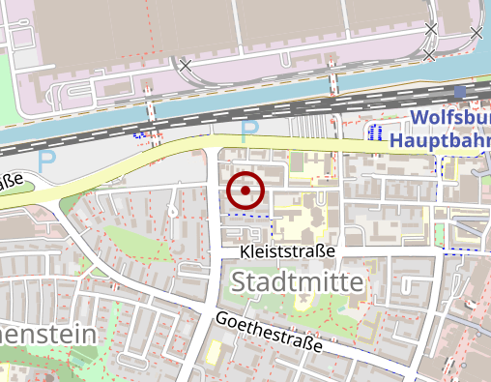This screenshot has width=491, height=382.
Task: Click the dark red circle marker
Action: point(245,191)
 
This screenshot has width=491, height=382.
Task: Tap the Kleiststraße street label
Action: point(288,251)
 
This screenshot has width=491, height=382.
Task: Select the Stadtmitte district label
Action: point(299,282)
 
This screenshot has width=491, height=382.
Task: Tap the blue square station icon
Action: point(459,93)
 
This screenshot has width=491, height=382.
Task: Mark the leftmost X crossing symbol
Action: point(186,66)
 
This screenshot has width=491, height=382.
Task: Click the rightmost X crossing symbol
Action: point(476,34)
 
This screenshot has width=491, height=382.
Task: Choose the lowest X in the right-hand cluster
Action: point(429,56)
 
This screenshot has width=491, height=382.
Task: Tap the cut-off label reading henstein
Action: point(48,335)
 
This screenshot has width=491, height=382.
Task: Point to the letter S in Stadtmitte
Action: point(242,282)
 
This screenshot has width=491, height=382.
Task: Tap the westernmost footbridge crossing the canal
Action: point(148,98)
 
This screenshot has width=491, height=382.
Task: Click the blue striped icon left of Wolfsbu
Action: point(379,131)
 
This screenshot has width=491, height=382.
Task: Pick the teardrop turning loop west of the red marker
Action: point(171,207)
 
